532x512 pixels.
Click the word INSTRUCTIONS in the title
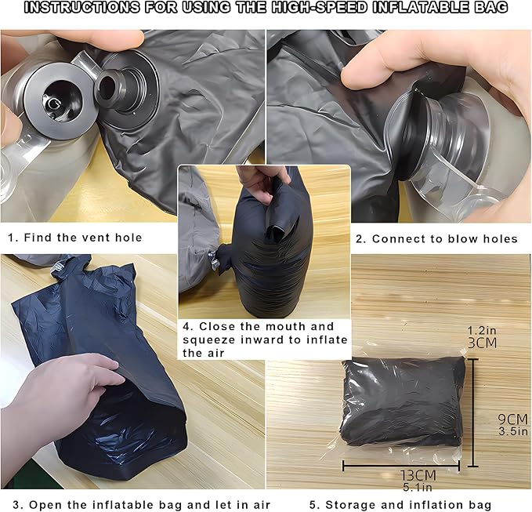81,8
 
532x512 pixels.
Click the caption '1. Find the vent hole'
75,238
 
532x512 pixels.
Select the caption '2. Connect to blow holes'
436,239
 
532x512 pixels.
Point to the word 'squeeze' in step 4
208,340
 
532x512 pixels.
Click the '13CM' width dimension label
418,475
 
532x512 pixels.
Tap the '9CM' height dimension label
512,419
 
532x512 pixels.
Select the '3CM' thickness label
482,343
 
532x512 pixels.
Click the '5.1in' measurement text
418,487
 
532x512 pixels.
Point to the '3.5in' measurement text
513,431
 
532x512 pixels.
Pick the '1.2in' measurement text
482,330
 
